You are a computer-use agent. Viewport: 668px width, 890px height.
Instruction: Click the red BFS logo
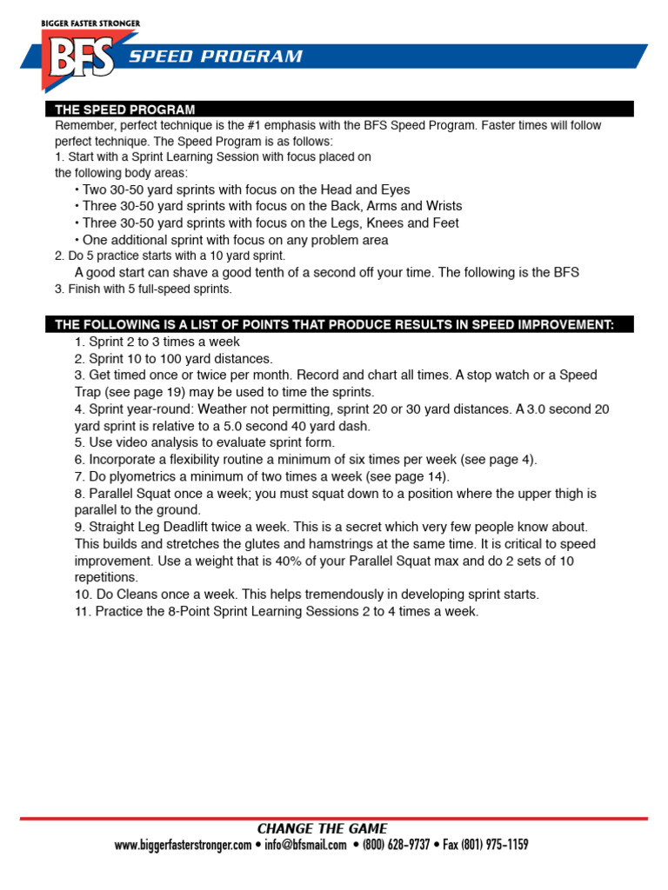pos(77,59)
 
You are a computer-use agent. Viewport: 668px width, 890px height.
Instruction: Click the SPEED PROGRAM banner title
pos(216,57)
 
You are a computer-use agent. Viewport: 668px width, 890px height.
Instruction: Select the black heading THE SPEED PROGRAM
pos(125,110)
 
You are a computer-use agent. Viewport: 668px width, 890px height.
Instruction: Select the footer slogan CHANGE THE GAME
pos(322,828)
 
